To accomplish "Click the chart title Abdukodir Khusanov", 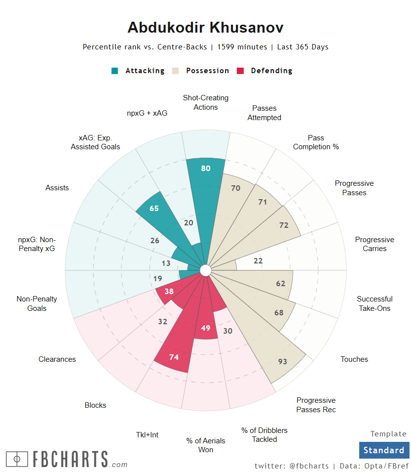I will point(205,27).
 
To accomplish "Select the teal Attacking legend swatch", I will point(115,71).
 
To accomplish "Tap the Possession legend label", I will point(207,71).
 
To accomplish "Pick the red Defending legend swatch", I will point(241,71).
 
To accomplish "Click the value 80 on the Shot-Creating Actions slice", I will point(206,169).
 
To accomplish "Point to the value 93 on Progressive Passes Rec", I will point(282,361).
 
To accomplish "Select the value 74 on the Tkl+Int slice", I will point(174,357).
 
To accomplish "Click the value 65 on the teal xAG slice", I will point(154,209).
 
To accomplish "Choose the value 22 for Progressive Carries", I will point(258,261).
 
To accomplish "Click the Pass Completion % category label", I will point(316,142).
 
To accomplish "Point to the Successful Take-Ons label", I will point(374,303).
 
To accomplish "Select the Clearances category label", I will point(57,359).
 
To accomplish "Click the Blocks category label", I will point(95,405).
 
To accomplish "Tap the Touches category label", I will point(354,359).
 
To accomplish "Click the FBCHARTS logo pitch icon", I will point(17,459).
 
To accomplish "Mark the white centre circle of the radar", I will point(205,270).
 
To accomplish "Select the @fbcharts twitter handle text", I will point(309,466).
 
